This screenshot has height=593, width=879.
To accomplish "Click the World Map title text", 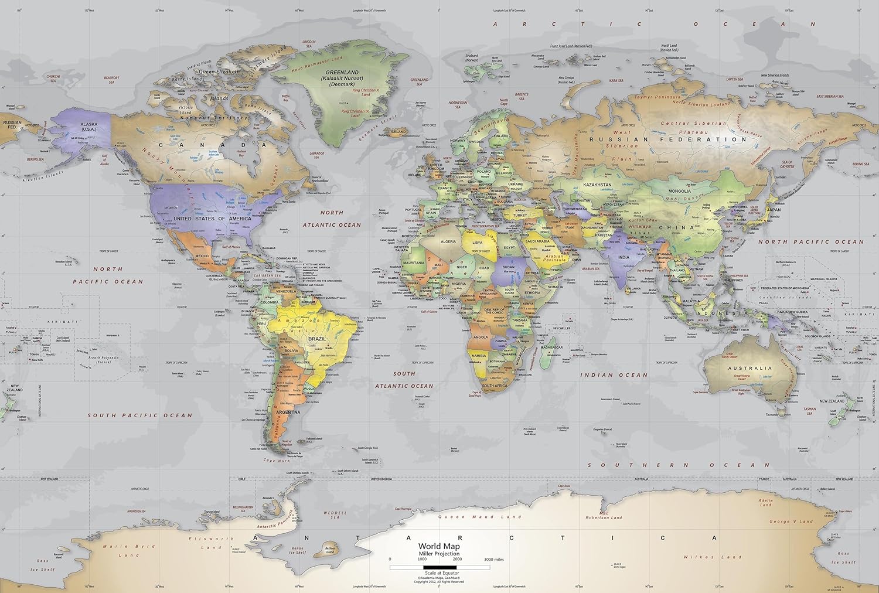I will point(439,546).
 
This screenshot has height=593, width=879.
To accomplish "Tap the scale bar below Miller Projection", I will point(439,567).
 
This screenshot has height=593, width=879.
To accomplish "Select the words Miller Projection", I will point(439,553).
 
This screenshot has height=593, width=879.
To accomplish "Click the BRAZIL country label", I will point(317,339).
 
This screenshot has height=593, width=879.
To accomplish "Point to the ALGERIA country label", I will point(448,241).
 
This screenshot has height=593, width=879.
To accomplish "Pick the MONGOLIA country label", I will point(679,191).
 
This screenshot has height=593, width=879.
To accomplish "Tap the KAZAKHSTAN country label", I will point(597,185).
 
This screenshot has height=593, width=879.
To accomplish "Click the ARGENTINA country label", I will point(288,412).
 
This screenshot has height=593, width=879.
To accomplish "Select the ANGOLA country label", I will point(480,338).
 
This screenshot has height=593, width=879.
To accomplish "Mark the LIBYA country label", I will point(478,243).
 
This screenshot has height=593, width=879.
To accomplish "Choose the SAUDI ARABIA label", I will point(537,241).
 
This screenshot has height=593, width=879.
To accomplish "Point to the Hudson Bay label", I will point(241,153).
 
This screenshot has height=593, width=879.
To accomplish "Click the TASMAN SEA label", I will point(809,411).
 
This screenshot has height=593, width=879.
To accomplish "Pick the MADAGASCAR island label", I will point(551,347).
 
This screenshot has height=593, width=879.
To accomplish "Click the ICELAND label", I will point(398,132).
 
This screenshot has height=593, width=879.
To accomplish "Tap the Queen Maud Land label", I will point(479,517).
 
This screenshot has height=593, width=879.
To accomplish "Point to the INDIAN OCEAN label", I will point(614,375).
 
